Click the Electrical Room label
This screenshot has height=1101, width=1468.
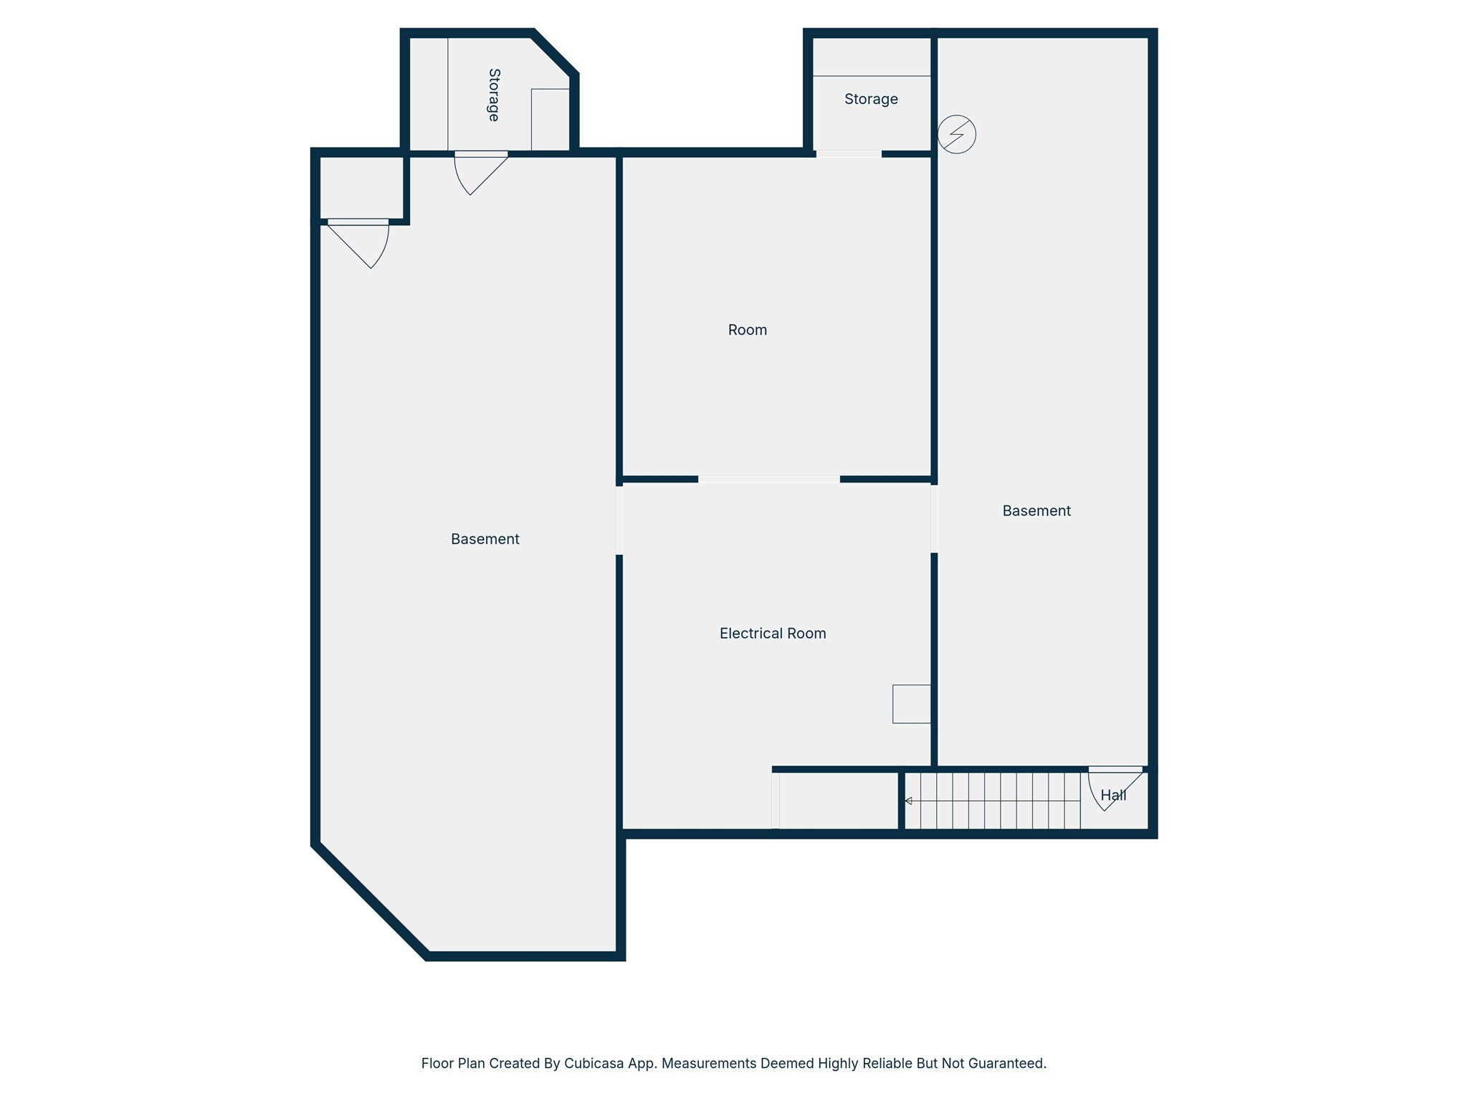point(773,633)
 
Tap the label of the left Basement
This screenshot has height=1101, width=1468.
point(485,539)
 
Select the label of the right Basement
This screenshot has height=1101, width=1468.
point(1036,510)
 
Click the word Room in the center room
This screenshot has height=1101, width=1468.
point(747,330)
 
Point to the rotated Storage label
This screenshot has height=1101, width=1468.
point(493,95)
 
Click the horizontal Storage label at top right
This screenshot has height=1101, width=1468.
point(870,99)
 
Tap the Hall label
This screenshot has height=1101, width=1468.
point(1113,795)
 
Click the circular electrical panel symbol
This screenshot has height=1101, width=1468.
point(957,134)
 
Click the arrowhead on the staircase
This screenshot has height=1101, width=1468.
point(908,801)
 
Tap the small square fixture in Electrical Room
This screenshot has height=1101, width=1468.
point(911,704)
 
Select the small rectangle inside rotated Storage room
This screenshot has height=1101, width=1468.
point(550,120)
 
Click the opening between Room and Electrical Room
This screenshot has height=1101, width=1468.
point(768,479)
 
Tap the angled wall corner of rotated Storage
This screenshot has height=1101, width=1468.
point(555,52)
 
